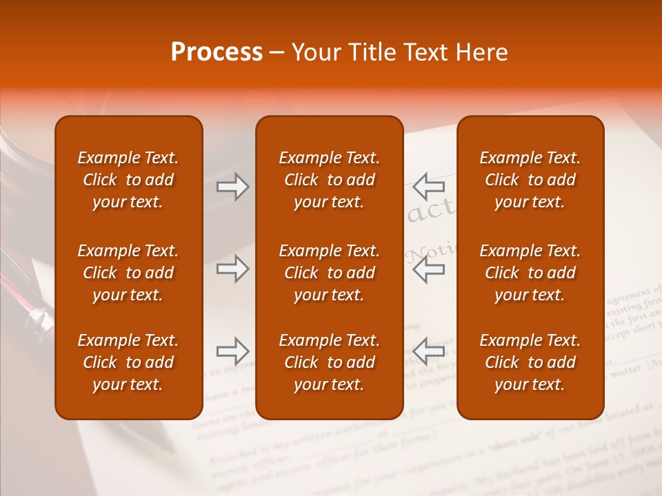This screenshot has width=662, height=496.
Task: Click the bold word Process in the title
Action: (x=217, y=52)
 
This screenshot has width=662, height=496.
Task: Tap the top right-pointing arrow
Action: (x=233, y=187)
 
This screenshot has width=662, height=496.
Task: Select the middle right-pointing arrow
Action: (x=233, y=269)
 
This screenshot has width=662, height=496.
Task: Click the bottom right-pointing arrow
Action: (x=233, y=351)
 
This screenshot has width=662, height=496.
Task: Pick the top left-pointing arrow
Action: (x=429, y=187)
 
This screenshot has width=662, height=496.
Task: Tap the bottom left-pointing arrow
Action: (x=429, y=351)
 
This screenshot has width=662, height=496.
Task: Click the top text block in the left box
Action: (x=128, y=180)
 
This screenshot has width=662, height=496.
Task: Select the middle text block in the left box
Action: (x=128, y=273)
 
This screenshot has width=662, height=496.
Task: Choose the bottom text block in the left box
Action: (x=128, y=362)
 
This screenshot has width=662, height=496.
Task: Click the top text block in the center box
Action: (x=329, y=180)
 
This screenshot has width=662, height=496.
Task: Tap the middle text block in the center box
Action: (x=329, y=273)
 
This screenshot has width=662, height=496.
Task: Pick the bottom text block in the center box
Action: (x=329, y=362)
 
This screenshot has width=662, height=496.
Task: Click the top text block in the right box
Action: (x=530, y=180)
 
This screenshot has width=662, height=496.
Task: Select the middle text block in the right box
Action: (x=530, y=273)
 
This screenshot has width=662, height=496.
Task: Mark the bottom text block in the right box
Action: (x=530, y=362)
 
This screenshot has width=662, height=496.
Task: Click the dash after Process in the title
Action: (x=277, y=53)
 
